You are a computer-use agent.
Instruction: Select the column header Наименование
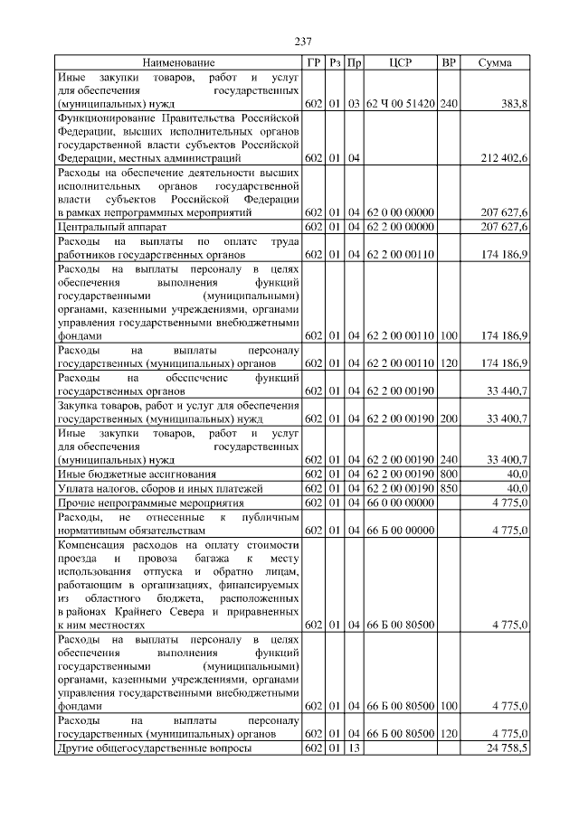pyautogui.click(x=178, y=63)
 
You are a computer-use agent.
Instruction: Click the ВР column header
pyautogui.click(x=448, y=63)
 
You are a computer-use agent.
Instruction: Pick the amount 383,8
pyautogui.click(x=512, y=105)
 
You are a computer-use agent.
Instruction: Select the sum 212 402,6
pyautogui.click(x=502, y=158)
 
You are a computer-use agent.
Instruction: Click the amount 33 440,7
pyautogui.click(x=507, y=391)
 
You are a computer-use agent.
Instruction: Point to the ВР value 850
pyautogui.click(x=448, y=488)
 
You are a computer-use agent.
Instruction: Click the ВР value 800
pyautogui.click(x=448, y=475)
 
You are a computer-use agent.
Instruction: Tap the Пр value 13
pyautogui.click(x=355, y=749)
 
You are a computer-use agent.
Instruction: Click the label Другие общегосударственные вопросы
pyautogui.click(x=154, y=749)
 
